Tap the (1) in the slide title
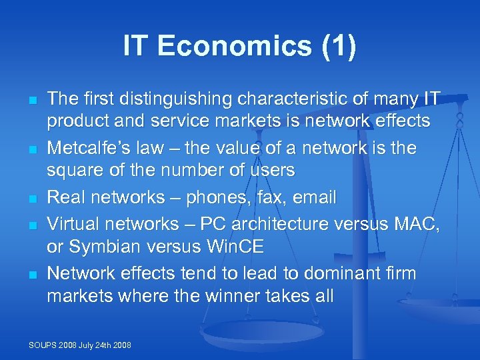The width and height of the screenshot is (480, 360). (x=337, y=47)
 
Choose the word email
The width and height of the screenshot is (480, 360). (x=315, y=197)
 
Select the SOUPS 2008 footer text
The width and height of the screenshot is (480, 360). (x=80, y=345)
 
